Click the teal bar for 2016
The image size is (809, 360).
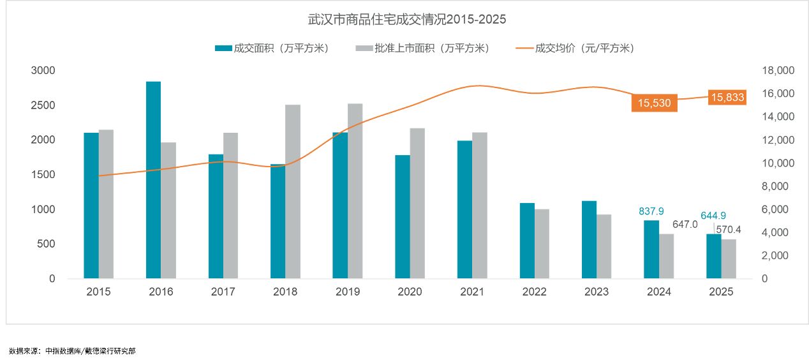[153, 180]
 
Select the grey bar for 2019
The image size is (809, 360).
[355, 191]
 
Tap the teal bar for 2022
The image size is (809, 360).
[527, 241]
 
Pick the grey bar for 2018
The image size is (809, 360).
[293, 191]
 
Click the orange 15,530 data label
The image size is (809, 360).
[654, 103]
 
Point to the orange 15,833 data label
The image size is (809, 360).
[728, 97]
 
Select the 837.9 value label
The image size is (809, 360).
[651, 211]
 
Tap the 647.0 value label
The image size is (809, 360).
[685, 224]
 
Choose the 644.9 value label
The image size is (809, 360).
[713, 216]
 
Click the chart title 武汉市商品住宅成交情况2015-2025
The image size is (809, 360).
[407, 19]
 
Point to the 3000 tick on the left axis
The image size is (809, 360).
[43, 70]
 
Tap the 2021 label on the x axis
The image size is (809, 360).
[472, 292]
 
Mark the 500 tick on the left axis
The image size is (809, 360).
[48, 244]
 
